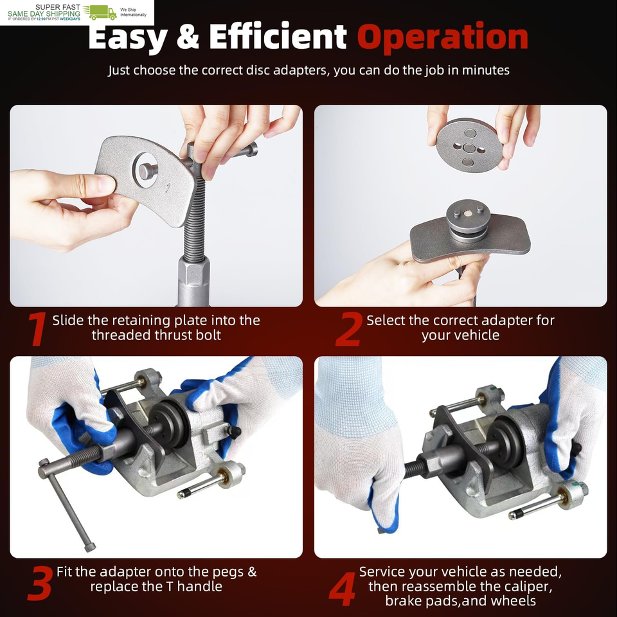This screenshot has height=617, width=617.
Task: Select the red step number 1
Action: tap(37, 329)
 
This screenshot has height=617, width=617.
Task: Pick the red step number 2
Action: tap(348, 329)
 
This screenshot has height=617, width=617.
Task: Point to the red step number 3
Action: tap(40, 583)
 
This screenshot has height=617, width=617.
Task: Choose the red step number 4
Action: tap(343, 589)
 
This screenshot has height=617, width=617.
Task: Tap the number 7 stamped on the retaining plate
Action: tap(168, 187)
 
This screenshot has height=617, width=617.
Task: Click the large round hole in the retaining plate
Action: tap(146, 170)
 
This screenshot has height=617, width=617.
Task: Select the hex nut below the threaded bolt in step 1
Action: tap(193, 280)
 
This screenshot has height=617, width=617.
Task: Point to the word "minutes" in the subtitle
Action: tap(486, 70)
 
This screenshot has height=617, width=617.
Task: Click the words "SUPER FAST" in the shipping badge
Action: tap(57, 7)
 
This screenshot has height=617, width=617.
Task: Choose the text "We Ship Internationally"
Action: tap(133, 12)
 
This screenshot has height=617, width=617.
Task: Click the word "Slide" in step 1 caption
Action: tap(68, 320)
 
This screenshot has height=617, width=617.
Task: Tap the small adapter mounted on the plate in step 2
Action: tap(469, 221)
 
